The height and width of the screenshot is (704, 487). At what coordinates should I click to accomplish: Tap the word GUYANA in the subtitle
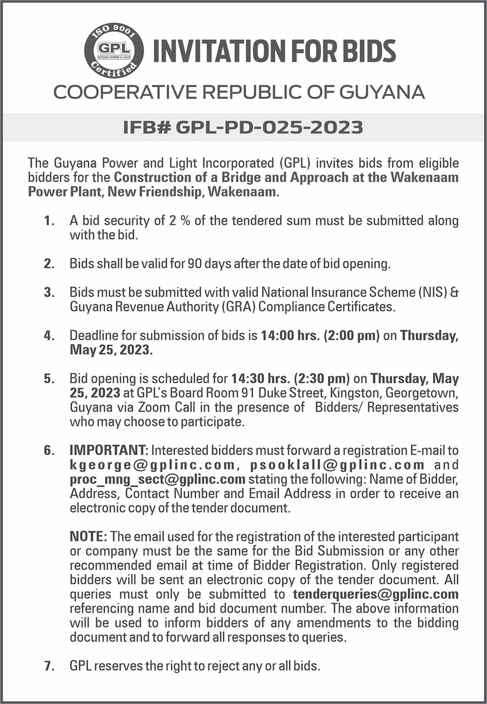[x=382, y=92]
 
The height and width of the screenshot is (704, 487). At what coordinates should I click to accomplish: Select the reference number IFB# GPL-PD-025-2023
[x=243, y=127]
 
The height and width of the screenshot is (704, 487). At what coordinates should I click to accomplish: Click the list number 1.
[x=49, y=220]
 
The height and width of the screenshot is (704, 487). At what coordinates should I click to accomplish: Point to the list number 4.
[x=49, y=336]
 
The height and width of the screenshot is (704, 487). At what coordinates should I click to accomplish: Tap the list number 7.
[x=49, y=666]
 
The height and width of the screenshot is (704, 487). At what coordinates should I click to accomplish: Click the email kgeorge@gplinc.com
[x=152, y=465]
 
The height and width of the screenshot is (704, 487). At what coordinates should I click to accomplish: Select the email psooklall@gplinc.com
[x=337, y=465]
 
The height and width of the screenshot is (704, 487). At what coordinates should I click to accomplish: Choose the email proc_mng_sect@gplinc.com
[x=157, y=479]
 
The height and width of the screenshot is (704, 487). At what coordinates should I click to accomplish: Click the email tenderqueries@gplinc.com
[x=376, y=594]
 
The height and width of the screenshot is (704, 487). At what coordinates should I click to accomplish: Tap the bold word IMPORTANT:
[x=109, y=450]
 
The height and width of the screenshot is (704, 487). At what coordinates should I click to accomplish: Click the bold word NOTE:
[x=89, y=536]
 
